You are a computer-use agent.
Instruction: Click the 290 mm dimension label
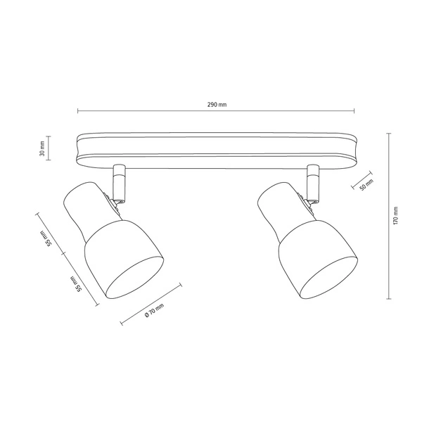[x=217, y=104]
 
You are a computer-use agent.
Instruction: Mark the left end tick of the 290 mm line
[x=77, y=111]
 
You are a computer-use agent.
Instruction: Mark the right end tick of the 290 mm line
[x=356, y=111]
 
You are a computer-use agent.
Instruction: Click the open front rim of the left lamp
[x=138, y=278]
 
